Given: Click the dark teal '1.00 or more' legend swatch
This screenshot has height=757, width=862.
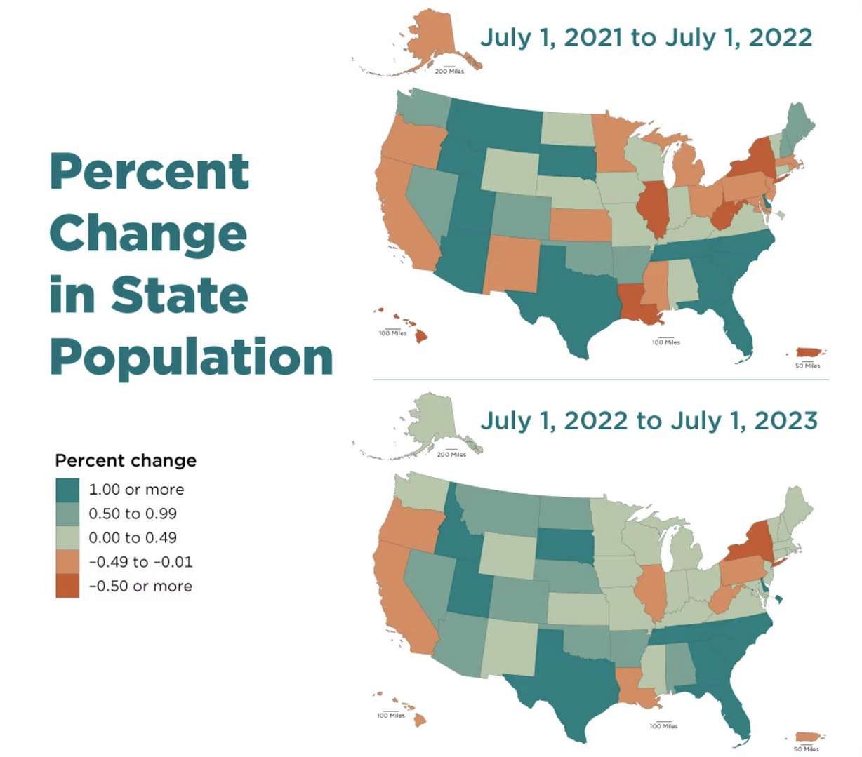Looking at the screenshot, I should point(67,489).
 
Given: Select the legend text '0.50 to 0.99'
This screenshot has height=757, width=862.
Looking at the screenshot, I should point(133,514).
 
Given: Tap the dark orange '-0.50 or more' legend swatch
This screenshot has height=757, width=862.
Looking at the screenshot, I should point(67,586).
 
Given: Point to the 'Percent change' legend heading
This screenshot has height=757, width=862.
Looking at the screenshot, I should point(126,460).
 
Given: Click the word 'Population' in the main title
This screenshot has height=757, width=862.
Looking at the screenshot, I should point(191,356).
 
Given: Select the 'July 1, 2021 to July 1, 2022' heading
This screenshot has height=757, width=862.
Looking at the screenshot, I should point(646,36).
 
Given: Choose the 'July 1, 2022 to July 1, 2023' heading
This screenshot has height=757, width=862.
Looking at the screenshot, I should point(649,420).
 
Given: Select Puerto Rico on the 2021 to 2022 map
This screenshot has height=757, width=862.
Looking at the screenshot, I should point(810,352).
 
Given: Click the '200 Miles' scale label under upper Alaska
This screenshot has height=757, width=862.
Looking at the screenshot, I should point(449,72).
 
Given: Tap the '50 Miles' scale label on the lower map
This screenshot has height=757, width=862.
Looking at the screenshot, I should point(807,749).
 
